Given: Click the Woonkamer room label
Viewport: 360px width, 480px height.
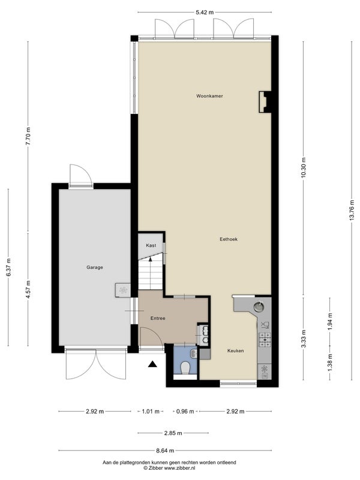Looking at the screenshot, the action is click(x=209, y=96).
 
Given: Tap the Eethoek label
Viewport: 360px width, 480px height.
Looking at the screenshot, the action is click(x=229, y=239).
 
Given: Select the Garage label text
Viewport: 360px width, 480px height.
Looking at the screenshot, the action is click(x=95, y=267).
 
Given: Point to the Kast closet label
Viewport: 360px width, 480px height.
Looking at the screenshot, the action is click(x=151, y=245).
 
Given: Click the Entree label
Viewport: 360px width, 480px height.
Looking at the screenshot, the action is click(x=158, y=319).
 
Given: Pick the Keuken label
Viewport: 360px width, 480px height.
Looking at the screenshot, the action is click(x=235, y=351).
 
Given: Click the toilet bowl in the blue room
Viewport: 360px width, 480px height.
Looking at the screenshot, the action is click(x=185, y=367).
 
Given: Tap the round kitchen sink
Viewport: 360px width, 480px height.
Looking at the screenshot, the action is click(x=259, y=306).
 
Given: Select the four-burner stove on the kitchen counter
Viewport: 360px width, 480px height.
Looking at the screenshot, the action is click(x=265, y=340).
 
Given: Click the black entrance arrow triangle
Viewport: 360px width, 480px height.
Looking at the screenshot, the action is click(x=152, y=364).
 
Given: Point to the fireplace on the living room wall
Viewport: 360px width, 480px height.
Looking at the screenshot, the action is click(x=265, y=102).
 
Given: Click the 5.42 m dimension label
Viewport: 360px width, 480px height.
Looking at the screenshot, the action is click(x=205, y=12).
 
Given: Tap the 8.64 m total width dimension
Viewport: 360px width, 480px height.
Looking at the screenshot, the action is click(x=165, y=451).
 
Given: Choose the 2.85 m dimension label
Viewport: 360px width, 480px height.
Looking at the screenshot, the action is click(x=173, y=433).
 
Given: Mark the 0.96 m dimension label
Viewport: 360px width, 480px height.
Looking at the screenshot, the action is click(x=185, y=412).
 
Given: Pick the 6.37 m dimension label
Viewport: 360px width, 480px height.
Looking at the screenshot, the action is click(x=8, y=268).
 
